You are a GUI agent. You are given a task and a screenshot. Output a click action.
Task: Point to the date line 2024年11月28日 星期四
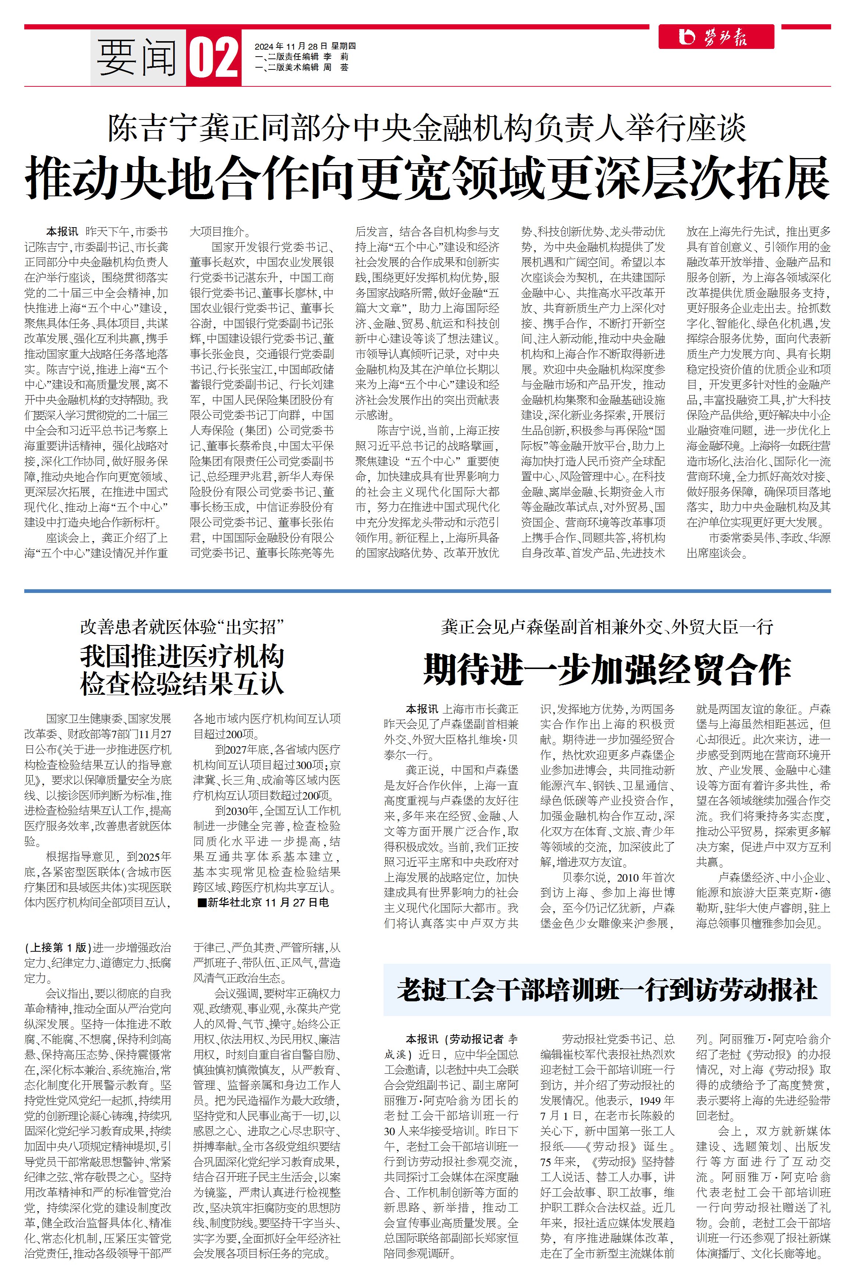pyautogui.click(x=305, y=46)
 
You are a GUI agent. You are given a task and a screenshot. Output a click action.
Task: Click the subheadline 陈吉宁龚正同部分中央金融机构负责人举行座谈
pyautogui.click(x=427, y=129)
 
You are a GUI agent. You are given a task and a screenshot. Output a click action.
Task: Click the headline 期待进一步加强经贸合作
pyautogui.click(x=606, y=669)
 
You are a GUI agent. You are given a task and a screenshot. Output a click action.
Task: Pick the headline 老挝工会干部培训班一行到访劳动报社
pyautogui.click(x=606, y=990)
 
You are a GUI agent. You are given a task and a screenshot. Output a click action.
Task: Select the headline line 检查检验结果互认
pyautogui.click(x=182, y=683)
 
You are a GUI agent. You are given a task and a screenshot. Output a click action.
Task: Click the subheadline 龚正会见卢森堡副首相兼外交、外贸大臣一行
pyautogui.click(x=606, y=627)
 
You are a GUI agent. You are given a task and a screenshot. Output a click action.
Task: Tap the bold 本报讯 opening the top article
pyautogui.click(x=62, y=231)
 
